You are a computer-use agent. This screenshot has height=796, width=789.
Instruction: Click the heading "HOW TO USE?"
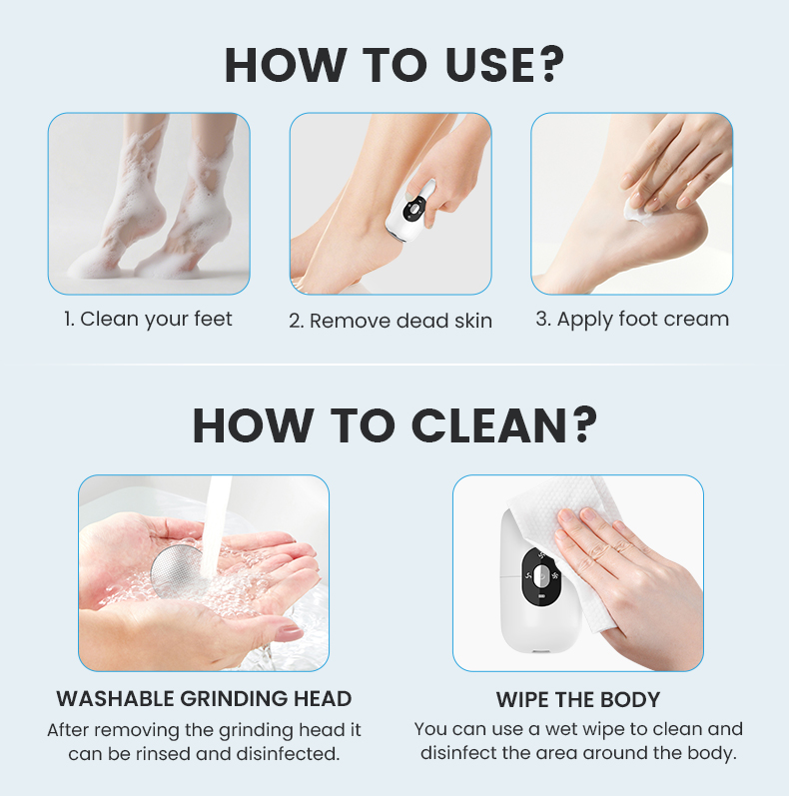pos(394,65)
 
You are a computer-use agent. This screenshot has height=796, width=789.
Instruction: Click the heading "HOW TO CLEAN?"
pos(394,424)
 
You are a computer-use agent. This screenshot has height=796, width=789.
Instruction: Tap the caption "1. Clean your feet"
pos(148,320)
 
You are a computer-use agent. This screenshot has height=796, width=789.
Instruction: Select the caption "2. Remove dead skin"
pos(391,321)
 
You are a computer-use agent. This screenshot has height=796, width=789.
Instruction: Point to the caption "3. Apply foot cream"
pos(632,320)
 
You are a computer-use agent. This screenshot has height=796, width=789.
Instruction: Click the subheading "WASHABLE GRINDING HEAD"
pos(204,698)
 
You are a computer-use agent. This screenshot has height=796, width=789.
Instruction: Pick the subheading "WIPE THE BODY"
pos(578,699)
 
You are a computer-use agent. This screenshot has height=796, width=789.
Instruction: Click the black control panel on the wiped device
pos(540,577)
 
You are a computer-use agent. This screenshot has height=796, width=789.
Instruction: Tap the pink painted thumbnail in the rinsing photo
pos(290,633)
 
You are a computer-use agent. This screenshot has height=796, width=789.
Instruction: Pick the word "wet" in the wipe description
pos(561,729)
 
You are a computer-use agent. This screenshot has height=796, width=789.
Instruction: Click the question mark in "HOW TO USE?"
pos(550,65)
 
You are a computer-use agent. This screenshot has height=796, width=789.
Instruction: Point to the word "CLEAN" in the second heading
pos(488,425)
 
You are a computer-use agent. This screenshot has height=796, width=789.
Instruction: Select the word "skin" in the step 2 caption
pos(473,321)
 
